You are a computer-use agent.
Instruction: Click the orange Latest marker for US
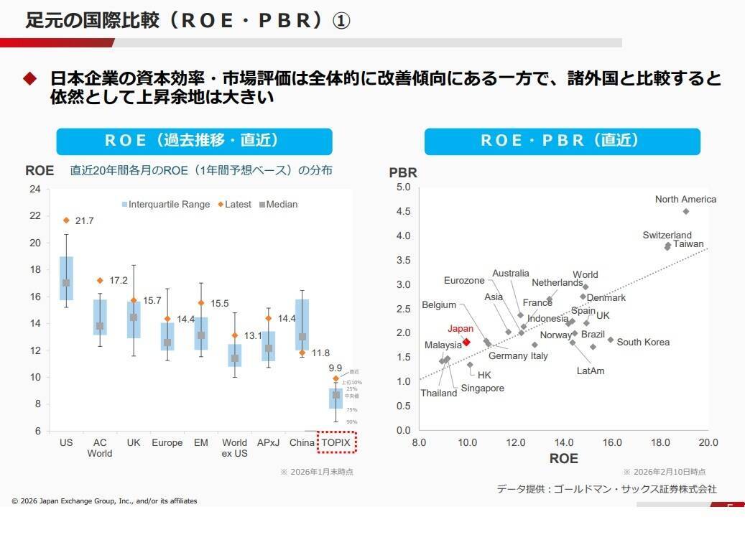[x=66, y=220]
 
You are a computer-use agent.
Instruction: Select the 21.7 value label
[x=84, y=221]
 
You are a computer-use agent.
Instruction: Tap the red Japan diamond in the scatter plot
[x=466, y=343]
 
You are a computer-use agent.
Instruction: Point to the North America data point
[x=685, y=211]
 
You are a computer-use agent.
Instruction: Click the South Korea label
[x=643, y=342]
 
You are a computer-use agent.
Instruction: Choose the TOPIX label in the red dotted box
[x=336, y=442]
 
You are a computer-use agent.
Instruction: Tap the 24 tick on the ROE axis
[x=34, y=189]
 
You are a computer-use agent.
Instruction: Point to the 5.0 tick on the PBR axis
[x=403, y=187]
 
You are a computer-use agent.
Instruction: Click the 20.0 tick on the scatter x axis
[x=708, y=442]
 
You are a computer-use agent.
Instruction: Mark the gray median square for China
[x=302, y=337]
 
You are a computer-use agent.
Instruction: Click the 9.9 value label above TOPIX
[x=336, y=368]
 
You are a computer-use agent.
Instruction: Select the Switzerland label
[x=667, y=235]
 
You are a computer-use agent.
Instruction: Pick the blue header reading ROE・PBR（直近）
[x=562, y=141]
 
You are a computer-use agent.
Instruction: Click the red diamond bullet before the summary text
[x=29, y=78]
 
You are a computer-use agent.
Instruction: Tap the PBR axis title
[x=403, y=173]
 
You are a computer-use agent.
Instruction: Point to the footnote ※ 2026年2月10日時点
[x=664, y=472]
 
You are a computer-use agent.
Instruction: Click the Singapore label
[x=483, y=388]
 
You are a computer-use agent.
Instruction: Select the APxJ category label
[x=268, y=442]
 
